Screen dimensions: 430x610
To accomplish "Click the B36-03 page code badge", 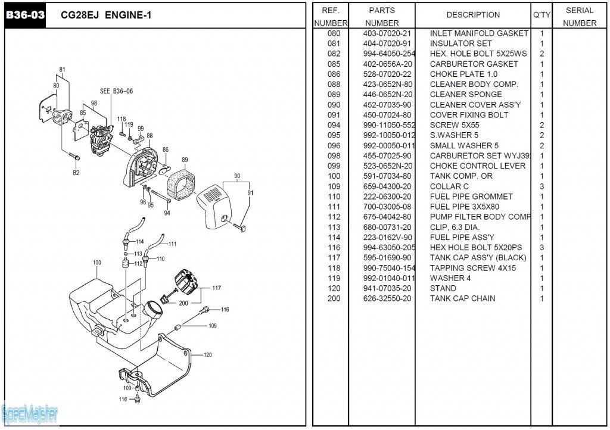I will pyautogui.click(x=25, y=15).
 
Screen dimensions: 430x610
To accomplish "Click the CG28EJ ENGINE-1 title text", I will pyautogui.click(x=106, y=15).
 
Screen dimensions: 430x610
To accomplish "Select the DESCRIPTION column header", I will pyautogui.click(x=473, y=15).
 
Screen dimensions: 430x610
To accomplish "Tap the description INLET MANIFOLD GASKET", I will pyautogui.click(x=479, y=33).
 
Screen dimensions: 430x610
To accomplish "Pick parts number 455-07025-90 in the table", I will pyautogui.click(x=387, y=155).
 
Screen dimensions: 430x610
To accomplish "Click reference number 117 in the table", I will pyautogui.click(x=334, y=257).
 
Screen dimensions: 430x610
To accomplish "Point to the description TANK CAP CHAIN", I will pyautogui.click(x=462, y=298).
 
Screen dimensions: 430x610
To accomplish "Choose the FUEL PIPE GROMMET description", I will pyautogui.click(x=471, y=197).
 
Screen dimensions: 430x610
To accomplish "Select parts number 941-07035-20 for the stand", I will pyautogui.click(x=387, y=288).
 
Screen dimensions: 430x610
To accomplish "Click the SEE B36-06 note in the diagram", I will pyautogui.click(x=116, y=92).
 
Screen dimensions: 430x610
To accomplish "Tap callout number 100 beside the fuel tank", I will pyautogui.click(x=97, y=263).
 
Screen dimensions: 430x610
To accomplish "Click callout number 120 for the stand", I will pyautogui.click(x=207, y=355).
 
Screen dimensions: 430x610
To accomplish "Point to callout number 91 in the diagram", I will pyautogui.click(x=251, y=192).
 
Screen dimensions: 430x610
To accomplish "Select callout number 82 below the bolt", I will pyautogui.click(x=76, y=173).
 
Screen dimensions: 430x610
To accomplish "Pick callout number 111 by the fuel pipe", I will pyautogui.click(x=172, y=244).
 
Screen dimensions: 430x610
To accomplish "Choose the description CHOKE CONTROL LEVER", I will pyautogui.click(x=478, y=166).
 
